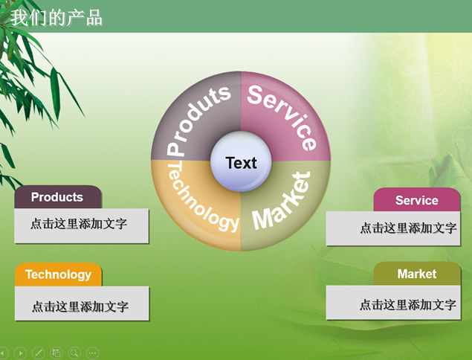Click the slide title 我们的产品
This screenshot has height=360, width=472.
(56, 17)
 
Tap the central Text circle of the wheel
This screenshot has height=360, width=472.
(241, 161)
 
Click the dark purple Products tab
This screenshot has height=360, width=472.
(58, 197)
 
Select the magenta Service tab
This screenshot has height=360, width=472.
(417, 200)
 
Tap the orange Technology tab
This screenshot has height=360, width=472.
(59, 274)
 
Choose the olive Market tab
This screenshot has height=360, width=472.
(417, 274)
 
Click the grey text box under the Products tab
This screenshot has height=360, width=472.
(82, 225)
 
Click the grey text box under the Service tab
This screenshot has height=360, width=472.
(393, 228)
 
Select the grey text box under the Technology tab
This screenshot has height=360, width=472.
(82, 303)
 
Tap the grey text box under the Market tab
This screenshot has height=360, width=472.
(393, 303)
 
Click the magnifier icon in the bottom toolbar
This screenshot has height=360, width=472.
(74, 353)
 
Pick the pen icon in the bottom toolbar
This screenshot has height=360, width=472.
(38, 353)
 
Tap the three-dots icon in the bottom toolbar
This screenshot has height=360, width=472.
(92, 353)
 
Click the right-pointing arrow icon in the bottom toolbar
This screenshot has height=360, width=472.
(21, 353)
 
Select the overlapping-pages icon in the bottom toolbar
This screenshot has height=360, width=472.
(56, 353)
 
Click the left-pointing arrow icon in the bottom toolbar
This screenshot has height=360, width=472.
(4, 353)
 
